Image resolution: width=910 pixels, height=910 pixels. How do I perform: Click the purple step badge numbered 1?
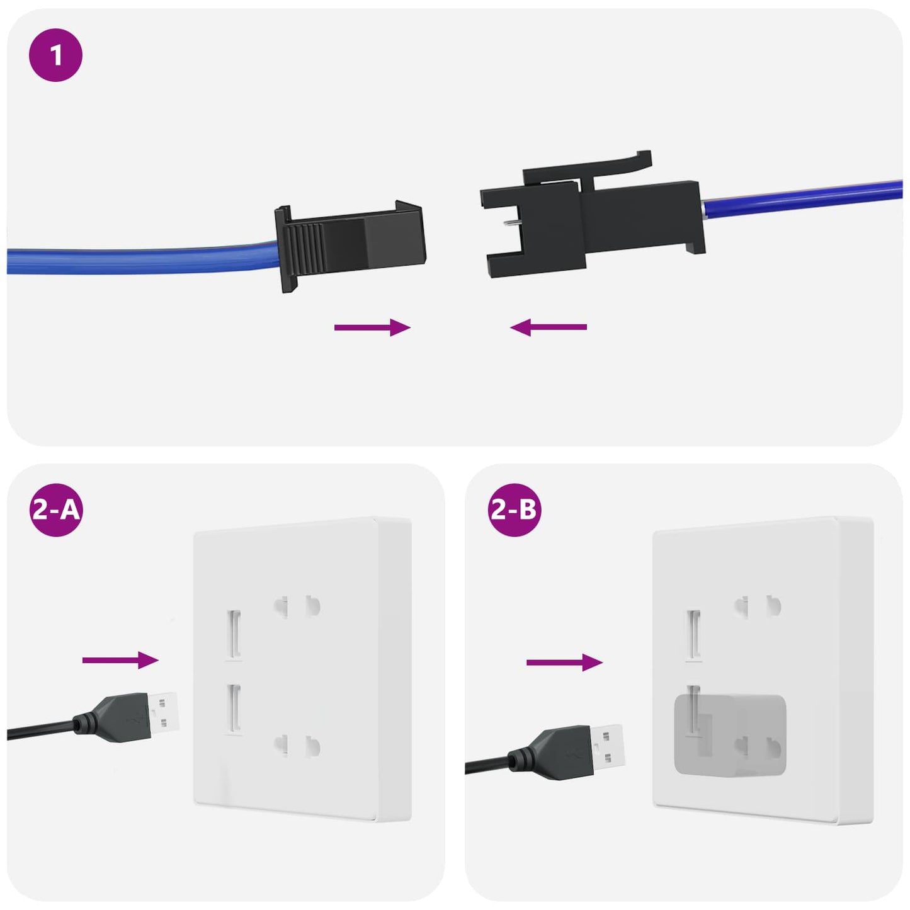[55, 55]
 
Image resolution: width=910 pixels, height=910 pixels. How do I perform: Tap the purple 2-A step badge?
[55, 509]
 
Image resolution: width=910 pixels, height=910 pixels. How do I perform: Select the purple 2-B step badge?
[514, 509]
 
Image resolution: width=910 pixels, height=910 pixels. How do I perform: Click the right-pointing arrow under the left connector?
[372, 327]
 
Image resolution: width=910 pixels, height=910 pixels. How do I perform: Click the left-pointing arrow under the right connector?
[548, 327]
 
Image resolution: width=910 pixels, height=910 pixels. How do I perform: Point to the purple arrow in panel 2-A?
[120, 660]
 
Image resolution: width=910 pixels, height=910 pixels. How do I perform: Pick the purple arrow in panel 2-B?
[564, 662]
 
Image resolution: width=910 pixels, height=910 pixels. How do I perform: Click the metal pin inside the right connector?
[511, 222]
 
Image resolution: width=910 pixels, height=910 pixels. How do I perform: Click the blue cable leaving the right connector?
[800, 198]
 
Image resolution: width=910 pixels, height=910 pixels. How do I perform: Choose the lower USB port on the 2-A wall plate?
[234, 708]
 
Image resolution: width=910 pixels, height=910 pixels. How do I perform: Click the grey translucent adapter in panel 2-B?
[731, 734]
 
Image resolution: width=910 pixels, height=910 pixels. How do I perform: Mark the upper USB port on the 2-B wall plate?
[693, 634]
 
